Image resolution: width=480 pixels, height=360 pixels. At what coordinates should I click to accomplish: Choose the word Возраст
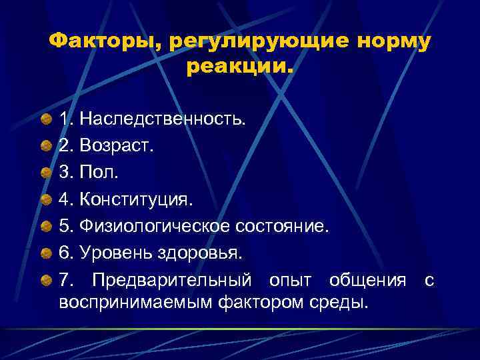116,145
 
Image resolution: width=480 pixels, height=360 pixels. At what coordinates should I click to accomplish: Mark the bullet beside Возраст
45,145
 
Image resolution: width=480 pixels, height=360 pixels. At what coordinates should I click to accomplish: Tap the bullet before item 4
45,199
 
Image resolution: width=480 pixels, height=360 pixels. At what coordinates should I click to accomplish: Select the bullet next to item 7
45,280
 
